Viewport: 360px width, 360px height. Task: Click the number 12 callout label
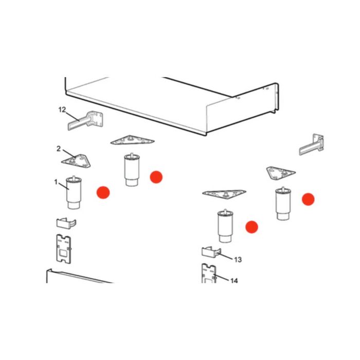[62, 110]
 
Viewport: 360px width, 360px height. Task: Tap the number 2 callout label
[59, 149]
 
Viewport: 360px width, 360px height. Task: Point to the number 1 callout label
[56, 182]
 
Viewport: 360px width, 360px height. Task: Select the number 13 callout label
[238, 260]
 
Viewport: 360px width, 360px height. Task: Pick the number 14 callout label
[234, 281]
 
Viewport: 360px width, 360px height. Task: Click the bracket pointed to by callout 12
[86, 120]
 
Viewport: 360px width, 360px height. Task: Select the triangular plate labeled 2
[76, 160]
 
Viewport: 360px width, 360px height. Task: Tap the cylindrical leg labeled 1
[74, 193]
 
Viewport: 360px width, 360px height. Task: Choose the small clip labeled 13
[211, 253]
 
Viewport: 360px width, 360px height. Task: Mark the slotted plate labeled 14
[209, 274]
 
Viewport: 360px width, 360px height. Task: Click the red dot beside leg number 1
[103, 192]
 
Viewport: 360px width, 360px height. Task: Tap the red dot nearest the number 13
[252, 227]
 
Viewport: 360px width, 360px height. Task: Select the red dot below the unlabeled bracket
[308, 199]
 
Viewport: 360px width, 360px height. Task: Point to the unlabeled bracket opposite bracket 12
[312, 145]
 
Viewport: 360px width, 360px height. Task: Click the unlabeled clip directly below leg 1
[66, 223]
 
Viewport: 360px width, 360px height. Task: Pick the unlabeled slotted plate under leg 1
[64, 249]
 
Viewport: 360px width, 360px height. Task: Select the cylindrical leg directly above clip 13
[225, 226]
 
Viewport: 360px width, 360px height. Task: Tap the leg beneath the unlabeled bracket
[283, 204]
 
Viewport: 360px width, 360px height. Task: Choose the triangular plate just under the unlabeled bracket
[281, 173]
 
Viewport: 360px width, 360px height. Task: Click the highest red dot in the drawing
[156, 177]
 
